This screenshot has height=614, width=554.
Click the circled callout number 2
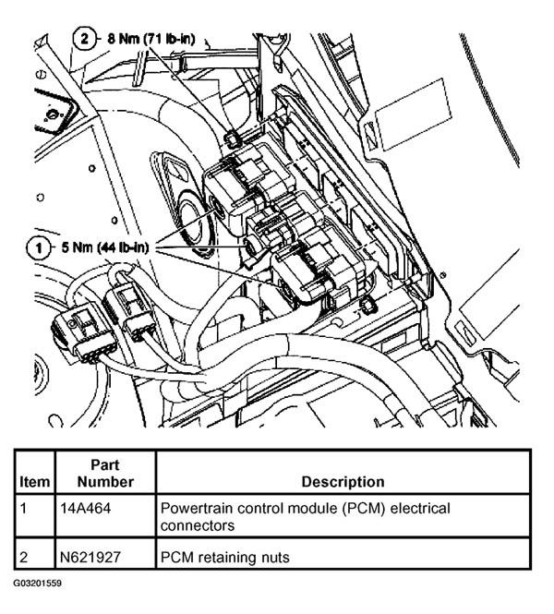click(x=84, y=39)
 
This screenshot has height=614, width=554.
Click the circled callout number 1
click(x=39, y=248)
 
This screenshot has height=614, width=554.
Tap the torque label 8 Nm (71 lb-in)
click(x=151, y=39)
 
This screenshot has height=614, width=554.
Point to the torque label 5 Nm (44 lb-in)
click(x=105, y=247)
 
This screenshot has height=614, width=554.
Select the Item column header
click(x=34, y=482)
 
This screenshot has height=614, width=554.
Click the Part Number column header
click(x=105, y=473)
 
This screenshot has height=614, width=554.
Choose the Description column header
click(x=343, y=482)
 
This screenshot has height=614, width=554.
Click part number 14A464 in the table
click(x=85, y=508)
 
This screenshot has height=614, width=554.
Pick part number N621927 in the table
click(x=90, y=557)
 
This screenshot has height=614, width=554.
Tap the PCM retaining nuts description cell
click(x=224, y=557)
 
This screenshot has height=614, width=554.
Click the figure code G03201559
click(x=37, y=584)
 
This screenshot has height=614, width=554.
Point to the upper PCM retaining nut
click(x=232, y=137)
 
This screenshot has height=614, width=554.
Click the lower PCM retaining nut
click(x=367, y=306)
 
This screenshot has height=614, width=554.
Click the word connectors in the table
click(x=198, y=525)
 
